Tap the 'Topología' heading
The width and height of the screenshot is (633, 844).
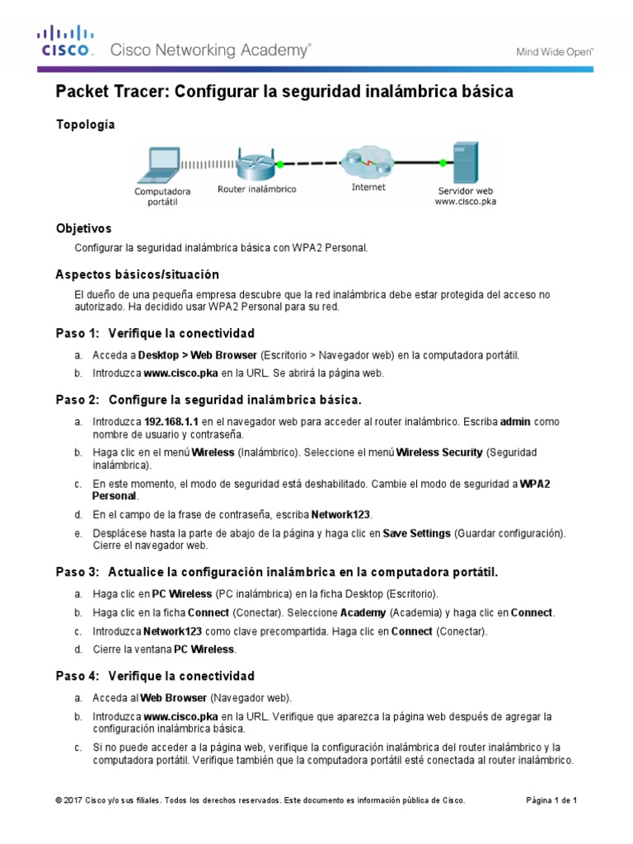[x=85, y=124]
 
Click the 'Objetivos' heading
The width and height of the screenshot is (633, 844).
[x=83, y=228]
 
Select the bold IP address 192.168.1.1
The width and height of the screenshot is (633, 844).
[x=172, y=422]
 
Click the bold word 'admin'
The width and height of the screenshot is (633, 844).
[x=517, y=422]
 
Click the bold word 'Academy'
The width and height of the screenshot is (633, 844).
[x=363, y=613]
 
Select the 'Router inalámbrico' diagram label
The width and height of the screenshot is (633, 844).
[x=256, y=190]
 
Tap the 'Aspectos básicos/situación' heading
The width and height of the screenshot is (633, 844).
[x=137, y=274]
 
